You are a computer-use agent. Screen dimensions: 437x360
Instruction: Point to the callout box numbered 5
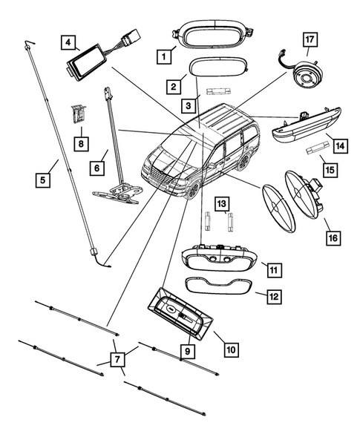pos(45,179)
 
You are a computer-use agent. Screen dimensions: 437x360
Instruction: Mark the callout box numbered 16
pos(332,237)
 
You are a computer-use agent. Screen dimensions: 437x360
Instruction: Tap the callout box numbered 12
pos(274,296)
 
